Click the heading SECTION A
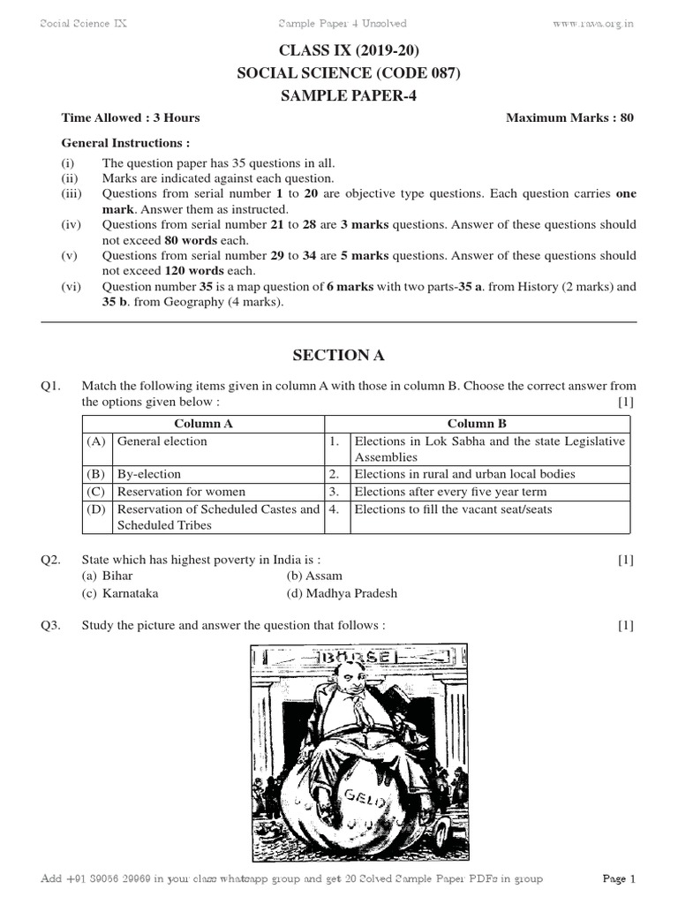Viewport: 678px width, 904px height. [339, 356]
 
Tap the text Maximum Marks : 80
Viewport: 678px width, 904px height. [569, 117]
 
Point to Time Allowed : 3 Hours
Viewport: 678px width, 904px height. [130, 117]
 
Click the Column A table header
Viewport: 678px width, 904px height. [203, 424]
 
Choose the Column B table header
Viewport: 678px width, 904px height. [477, 424]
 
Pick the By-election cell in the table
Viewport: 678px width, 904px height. [149, 474]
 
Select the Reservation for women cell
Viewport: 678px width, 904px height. [181, 492]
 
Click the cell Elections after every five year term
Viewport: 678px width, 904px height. [450, 492]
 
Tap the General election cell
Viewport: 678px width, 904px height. [162, 441]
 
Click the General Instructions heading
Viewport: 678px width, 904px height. [125, 142]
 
